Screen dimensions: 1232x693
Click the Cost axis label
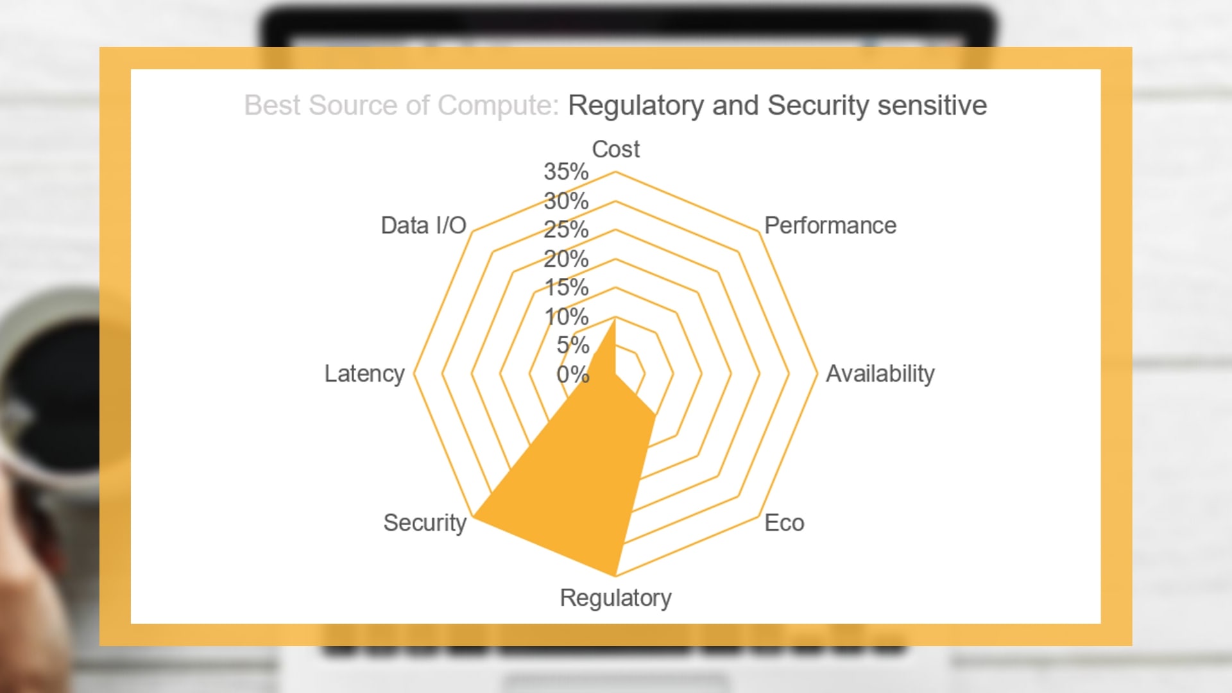click(615, 150)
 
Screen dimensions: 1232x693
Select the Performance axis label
click(830, 225)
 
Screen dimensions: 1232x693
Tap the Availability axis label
click(880, 373)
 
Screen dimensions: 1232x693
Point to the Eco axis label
click(784, 523)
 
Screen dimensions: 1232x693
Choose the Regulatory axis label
click(615, 598)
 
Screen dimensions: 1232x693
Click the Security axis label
click(425, 523)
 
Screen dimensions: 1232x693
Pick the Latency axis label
click(364, 373)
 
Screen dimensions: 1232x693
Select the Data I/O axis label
click(424, 225)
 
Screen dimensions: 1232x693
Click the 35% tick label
click(566, 171)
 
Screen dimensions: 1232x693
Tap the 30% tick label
click(566, 201)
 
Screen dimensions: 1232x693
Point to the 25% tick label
click(566, 230)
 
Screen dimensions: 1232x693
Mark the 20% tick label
click(566, 259)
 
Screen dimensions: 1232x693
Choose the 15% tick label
click(566, 287)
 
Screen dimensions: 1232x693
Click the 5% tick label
click(572, 345)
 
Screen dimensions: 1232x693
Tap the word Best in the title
click(273, 105)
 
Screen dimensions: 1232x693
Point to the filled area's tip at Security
click(473, 516)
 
